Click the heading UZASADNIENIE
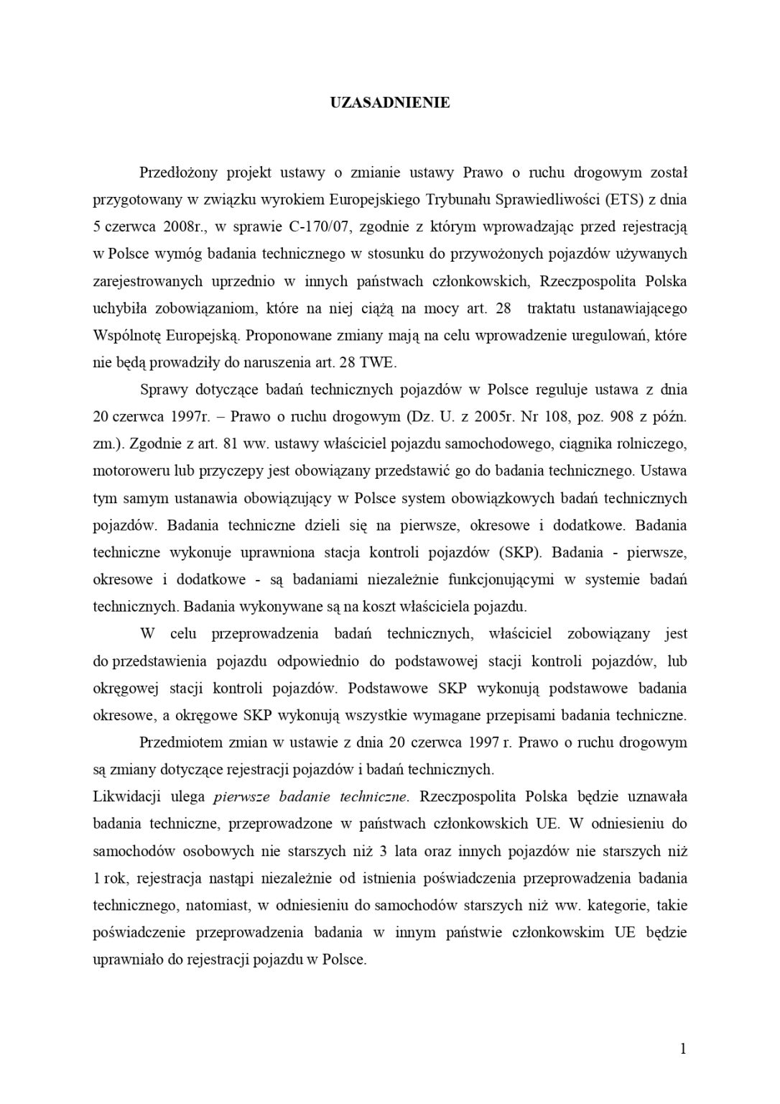point(390,103)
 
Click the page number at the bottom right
point(683,1049)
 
